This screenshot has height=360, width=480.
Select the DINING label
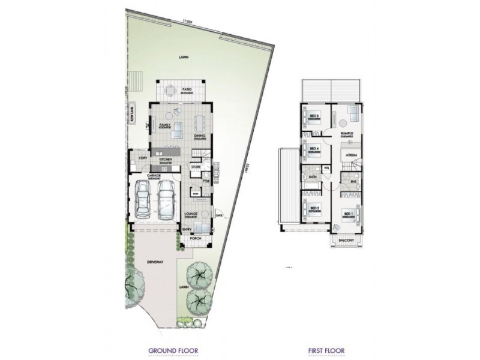pyautogui.click(x=200, y=136)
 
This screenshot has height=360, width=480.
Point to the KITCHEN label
pyautogui.click(x=166, y=159)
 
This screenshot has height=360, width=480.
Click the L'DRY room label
pyautogui.click(x=143, y=158)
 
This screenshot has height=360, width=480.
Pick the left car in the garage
pyautogui.click(x=143, y=199)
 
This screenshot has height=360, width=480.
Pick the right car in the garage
pyautogui.click(x=166, y=199)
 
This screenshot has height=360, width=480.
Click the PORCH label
pyautogui.click(x=196, y=238)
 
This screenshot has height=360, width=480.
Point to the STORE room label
pyautogui.click(x=196, y=166)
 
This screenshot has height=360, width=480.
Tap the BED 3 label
pyautogui.click(x=313, y=115)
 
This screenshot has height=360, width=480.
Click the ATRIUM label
pyautogui.click(x=351, y=155)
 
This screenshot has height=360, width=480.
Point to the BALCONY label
pyautogui.click(x=345, y=239)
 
